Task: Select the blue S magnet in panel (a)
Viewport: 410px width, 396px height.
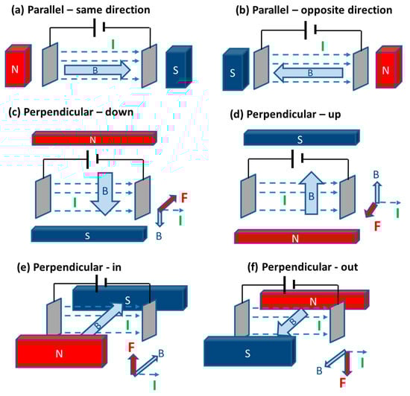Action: [179, 67]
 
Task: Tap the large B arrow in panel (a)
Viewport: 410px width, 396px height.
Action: [97, 70]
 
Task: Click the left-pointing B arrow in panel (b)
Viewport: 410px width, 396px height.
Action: [309, 73]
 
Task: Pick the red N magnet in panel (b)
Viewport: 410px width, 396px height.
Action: [389, 67]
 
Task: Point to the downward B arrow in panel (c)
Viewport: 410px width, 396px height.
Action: [105, 194]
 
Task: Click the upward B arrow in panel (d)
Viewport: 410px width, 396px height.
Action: [311, 194]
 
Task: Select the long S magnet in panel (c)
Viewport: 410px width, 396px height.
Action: [89, 234]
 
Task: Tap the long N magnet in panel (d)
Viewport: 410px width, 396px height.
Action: [297, 237]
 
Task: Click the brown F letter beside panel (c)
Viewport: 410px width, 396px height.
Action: [184, 197]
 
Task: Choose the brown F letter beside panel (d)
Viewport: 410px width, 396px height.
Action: [377, 226]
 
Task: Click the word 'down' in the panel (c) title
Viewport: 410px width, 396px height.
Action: [119, 112]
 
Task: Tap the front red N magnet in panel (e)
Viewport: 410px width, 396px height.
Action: [61, 351]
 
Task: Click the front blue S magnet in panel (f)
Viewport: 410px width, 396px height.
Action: [250, 351]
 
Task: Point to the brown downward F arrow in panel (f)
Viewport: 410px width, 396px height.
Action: [348, 363]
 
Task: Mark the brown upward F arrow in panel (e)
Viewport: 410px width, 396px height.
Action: [133, 365]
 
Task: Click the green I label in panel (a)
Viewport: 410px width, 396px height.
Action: [113, 45]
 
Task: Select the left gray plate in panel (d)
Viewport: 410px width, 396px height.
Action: [248, 196]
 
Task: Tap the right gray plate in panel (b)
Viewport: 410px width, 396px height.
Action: [361, 68]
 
